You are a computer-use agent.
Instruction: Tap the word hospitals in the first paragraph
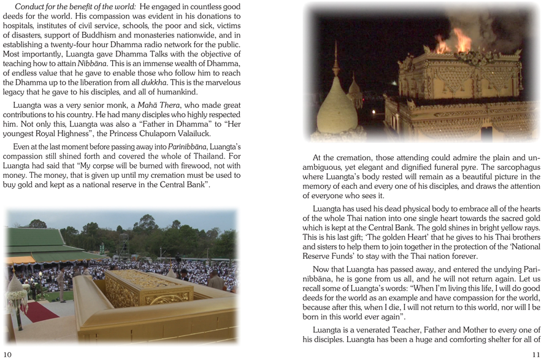coord(20,26)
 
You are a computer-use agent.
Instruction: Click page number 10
coord(7,354)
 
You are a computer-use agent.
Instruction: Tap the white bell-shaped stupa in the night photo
coord(336,110)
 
